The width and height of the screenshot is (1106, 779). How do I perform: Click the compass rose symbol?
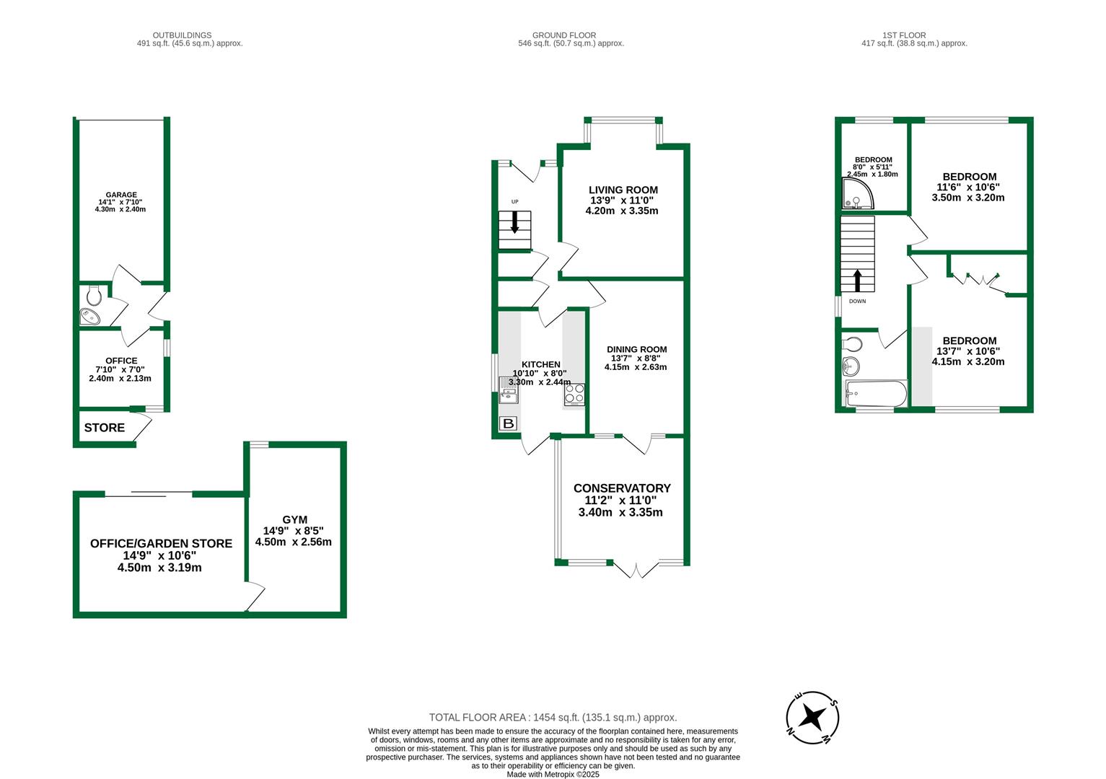click(812, 717)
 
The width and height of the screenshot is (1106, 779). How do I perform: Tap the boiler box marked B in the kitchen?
click(508, 424)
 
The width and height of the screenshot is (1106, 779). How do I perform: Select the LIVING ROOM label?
click(623, 190)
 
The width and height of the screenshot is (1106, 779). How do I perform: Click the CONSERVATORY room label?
click(621, 488)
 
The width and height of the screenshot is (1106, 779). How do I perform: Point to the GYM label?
click(294, 519)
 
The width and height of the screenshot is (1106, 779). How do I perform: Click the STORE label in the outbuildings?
click(105, 428)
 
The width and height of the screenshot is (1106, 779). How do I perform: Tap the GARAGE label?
click(120, 195)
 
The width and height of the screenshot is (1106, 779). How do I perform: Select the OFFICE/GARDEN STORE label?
click(161, 544)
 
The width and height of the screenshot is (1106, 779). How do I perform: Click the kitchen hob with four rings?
click(574, 394)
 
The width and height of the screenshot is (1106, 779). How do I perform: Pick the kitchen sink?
click(508, 390)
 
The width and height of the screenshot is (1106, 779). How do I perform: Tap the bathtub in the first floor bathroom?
click(874, 394)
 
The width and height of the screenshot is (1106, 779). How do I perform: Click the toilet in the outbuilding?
click(93, 295)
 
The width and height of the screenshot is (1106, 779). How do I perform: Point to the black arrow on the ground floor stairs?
click(514, 222)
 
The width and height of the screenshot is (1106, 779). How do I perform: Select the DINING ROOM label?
click(636, 349)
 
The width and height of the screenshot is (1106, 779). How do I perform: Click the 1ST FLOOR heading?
click(903, 35)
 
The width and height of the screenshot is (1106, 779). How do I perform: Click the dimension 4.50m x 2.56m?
click(293, 542)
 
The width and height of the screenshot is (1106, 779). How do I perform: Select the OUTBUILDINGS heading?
click(182, 35)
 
